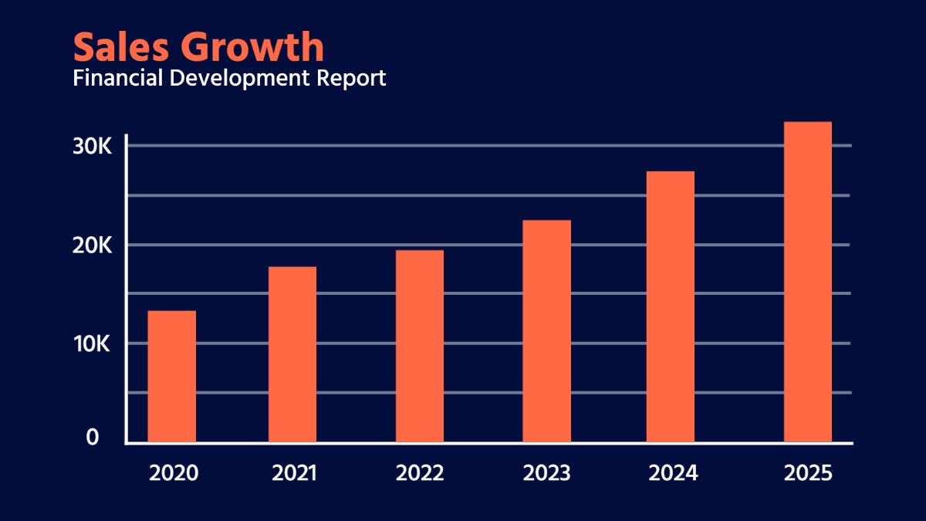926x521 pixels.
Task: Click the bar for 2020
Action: [x=171, y=377]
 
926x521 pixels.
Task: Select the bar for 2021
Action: [x=292, y=354]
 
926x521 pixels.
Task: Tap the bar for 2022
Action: [x=420, y=346]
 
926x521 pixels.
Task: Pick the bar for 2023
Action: [x=547, y=331]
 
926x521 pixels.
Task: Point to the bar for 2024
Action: [x=671, y=306]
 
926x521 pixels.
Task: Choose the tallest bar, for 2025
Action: [x=808, y=282]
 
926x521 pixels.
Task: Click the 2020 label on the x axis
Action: [x=174, y=473]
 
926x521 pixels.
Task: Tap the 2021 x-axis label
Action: [x=294, y=473]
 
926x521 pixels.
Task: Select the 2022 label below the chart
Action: [x=420, y=473]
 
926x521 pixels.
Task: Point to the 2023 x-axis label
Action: [x=547, y=473]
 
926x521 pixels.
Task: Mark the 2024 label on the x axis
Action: [x=673, y=473]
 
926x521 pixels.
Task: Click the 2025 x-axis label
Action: [x=808, y=473]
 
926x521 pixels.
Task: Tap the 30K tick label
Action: [x=93, y=146]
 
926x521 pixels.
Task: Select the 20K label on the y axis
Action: [x=93, y=245]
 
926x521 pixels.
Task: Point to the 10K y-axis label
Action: [x=93, y=343]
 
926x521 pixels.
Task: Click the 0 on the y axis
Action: [x=93, y=438]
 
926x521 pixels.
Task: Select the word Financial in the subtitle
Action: [x=115, y=78]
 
